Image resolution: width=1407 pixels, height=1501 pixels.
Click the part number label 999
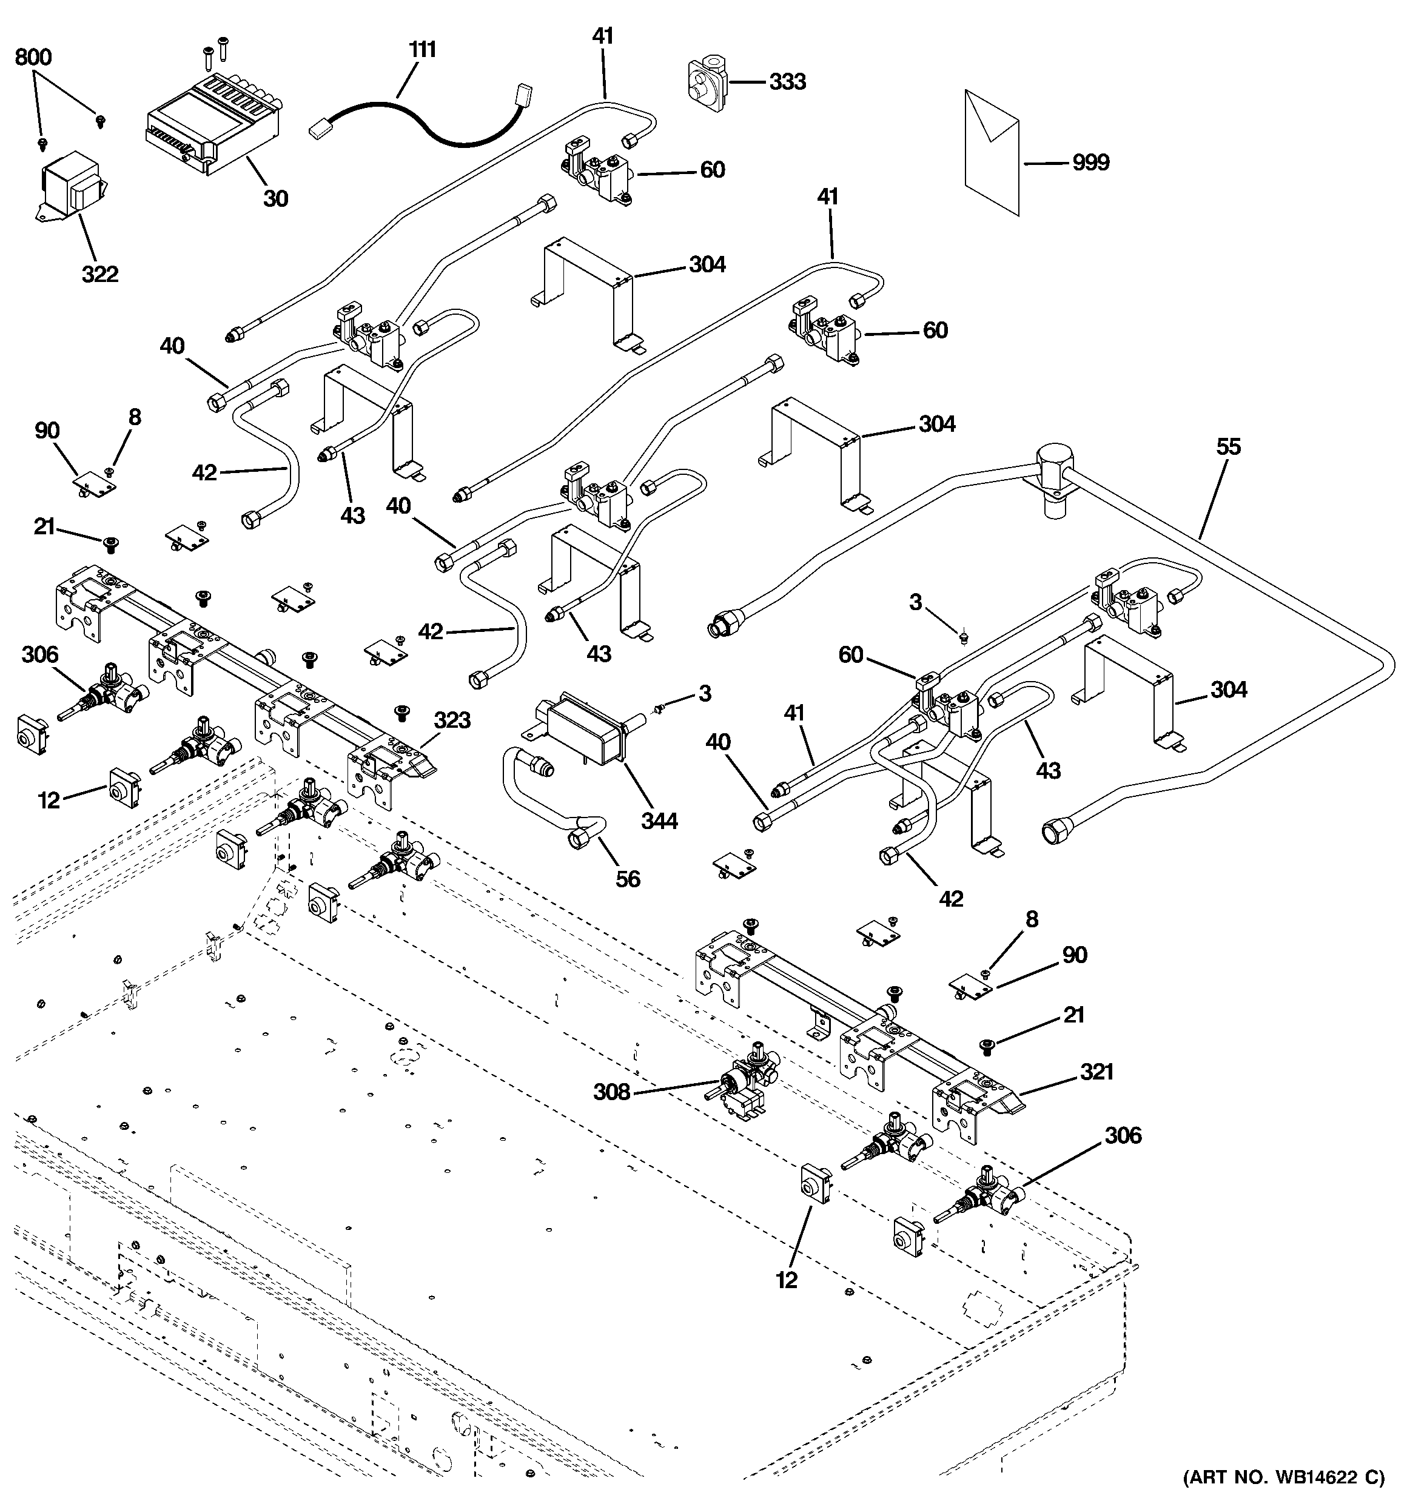click(x=1090, y=163)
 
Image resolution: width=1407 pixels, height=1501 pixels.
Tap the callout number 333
click(x=787, y=81)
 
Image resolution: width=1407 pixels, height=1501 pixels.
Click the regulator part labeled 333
click(x=705, y=81)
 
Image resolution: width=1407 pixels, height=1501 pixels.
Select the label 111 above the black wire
click(x=422, y=50)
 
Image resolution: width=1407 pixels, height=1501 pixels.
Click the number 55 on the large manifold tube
click(x=1228, y=446)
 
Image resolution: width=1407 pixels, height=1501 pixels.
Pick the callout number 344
click(x=659, y=820)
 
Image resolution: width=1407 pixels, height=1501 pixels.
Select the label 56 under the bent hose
click(x=627, y=878)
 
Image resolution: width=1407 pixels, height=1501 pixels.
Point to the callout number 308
click(x=611, y=1092)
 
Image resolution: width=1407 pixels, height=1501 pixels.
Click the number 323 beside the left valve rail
click(x=452, y=720)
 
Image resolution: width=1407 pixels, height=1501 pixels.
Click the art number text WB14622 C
click(x=1283, y=1476)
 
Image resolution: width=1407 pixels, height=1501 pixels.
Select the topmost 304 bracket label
click(x=707, y=264)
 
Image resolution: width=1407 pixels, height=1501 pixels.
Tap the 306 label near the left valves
click(x=39, y=654)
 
